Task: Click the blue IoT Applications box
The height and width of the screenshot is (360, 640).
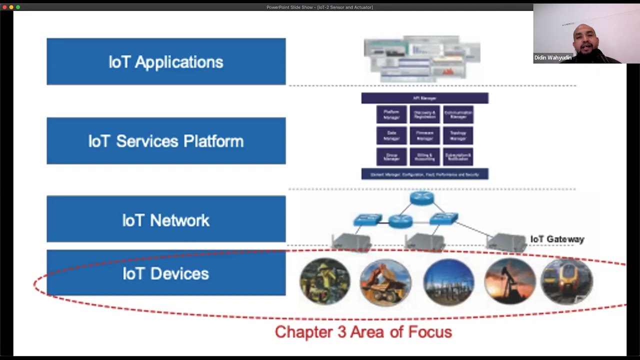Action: pos(166,61)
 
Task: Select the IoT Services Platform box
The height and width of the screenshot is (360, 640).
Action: pos(166,141)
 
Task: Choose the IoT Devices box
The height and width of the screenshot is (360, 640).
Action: pos(166,273)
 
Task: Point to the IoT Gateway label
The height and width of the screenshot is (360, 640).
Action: pos(557,239)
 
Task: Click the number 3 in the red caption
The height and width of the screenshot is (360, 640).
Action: pos(342,332)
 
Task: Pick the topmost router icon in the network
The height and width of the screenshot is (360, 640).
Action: pos(421,198)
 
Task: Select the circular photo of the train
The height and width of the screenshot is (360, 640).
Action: pos(566,281)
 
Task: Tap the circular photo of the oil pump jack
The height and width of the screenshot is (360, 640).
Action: pos(510,281)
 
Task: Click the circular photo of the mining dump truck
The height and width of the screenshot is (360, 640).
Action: pos(385,281)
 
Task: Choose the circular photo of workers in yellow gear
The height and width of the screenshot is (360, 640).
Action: pos(325,281)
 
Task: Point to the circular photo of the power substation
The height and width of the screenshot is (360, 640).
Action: pos(448,281)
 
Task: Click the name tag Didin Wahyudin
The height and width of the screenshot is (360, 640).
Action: pos(552,58)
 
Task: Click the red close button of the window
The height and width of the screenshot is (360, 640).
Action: pos(4,7)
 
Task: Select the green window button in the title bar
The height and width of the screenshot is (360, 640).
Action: pos(18,7)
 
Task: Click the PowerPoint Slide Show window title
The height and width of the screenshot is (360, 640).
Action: pos(319,7)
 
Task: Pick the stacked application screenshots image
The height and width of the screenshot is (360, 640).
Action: pos(422,59)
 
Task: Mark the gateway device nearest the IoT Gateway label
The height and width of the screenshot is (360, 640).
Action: pos(506,242)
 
